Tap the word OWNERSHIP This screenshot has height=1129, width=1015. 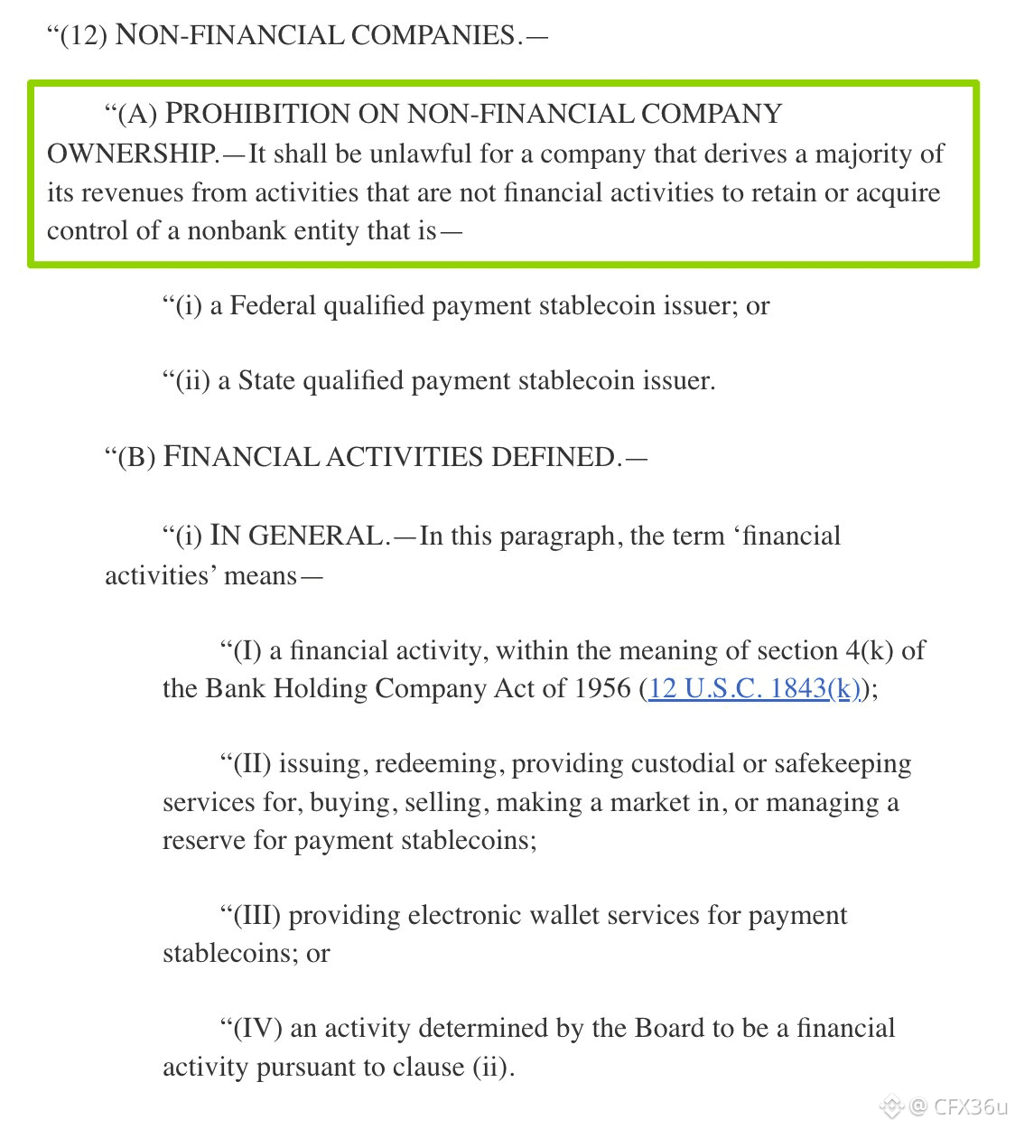131,154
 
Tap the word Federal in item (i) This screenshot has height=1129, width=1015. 272,306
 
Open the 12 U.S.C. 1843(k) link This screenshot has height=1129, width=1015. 754,689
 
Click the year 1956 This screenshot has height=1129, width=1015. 602,689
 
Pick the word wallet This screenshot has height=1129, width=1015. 566,916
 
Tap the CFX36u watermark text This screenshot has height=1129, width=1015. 971,1106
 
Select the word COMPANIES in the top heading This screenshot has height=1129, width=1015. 433,36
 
